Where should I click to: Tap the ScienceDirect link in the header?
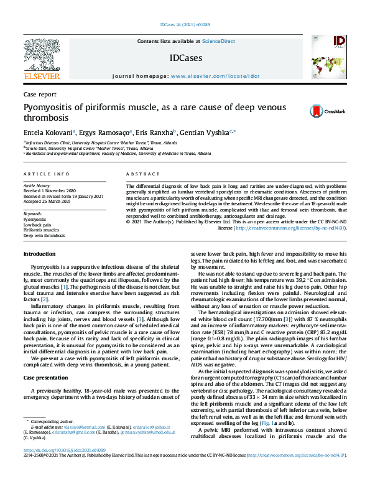pyautogui.click(x=218, y=41)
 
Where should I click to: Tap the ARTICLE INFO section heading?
pyautogui.click(x=47, y=174)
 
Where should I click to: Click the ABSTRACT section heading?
pyautogui.click(x=139, y=174)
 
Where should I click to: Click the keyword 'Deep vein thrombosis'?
pyautogui.click(x=44, y=236)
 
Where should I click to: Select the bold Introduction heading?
pyautogui.click(x=39, y=272)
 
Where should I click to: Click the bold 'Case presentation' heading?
pyautogui.click(x=47, y=378)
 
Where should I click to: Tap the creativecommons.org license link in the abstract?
pyautogui.click(x=297, y=228)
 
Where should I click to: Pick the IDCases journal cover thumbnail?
pyautogui.click(x=328, y=57)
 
